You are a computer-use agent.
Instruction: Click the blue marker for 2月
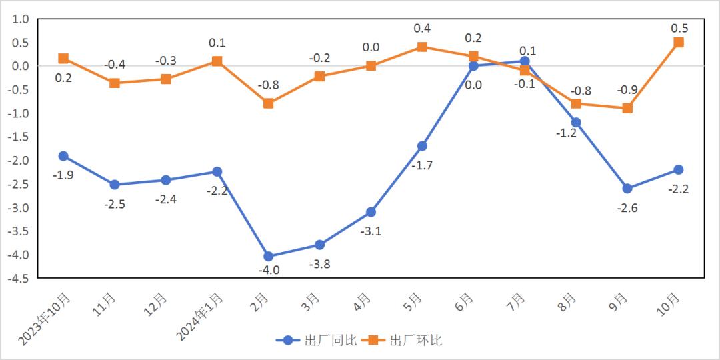point(269,256)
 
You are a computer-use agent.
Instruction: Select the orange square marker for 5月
point(422,47)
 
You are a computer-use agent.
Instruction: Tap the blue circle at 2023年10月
point(63,156)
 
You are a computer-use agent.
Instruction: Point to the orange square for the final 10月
point(679,42)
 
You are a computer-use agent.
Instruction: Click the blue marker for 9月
point(627,189)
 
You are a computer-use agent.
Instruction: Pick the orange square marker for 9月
point(627,108)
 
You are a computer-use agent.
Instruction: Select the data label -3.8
point(319,263)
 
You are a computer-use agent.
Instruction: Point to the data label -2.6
point(627,208)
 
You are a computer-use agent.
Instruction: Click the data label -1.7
point(422,165)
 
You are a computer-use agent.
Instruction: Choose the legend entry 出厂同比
point(316,340)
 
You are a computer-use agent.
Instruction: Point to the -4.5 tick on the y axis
point(20,279)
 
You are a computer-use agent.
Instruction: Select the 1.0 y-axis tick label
point(21,19)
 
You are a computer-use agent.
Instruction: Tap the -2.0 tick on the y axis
point(20,161)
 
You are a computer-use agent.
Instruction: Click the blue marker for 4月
point(371,212)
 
